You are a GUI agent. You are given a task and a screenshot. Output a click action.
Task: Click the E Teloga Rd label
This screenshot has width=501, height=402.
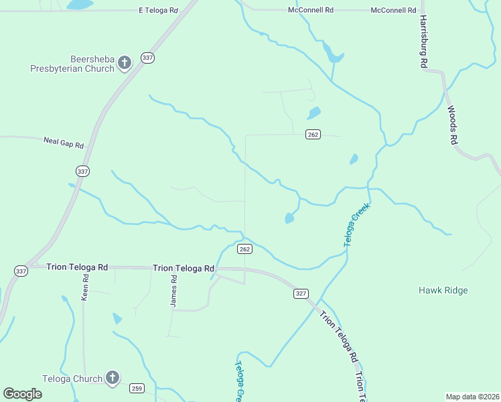tap(159, 11)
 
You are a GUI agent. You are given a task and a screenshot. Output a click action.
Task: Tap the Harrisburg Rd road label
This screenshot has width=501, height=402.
tap(423, 42)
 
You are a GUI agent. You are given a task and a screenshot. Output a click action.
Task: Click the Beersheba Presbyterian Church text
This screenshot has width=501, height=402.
tap(72, 63)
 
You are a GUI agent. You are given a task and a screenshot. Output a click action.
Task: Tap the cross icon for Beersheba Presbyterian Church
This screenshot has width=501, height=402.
tap(124, 64)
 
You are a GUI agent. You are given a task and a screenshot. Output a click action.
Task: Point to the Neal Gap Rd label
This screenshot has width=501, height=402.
tap(64, 143)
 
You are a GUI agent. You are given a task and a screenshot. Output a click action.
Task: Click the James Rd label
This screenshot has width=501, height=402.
tap(173, 291)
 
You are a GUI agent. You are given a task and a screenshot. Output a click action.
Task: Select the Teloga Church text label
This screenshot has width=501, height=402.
tap(72, 379)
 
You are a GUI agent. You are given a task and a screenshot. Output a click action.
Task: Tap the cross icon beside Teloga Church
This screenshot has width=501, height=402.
tap(112, 379)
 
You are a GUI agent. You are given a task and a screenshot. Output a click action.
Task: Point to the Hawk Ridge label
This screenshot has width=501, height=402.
tap(443, 290)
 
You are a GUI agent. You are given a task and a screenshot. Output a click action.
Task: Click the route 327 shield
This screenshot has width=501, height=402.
tap(301, 293)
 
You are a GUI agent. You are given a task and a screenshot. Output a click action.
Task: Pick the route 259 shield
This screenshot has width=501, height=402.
tap(137, 389)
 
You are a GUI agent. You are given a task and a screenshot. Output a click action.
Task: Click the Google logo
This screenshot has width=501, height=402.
tap(23, 393)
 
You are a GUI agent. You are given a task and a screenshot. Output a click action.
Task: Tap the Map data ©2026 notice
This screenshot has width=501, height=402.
tap(472, 397)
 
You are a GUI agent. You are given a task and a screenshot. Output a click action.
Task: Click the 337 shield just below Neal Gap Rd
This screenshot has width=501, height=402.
tap(82, 172)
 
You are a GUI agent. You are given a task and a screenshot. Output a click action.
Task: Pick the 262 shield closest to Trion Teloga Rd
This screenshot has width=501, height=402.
tap(244, 249)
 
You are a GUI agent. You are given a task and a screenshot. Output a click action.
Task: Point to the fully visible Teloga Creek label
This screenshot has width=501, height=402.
tap(357, 225)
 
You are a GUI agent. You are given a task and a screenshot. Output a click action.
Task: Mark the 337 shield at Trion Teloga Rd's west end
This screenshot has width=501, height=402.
tap(21, 271)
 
